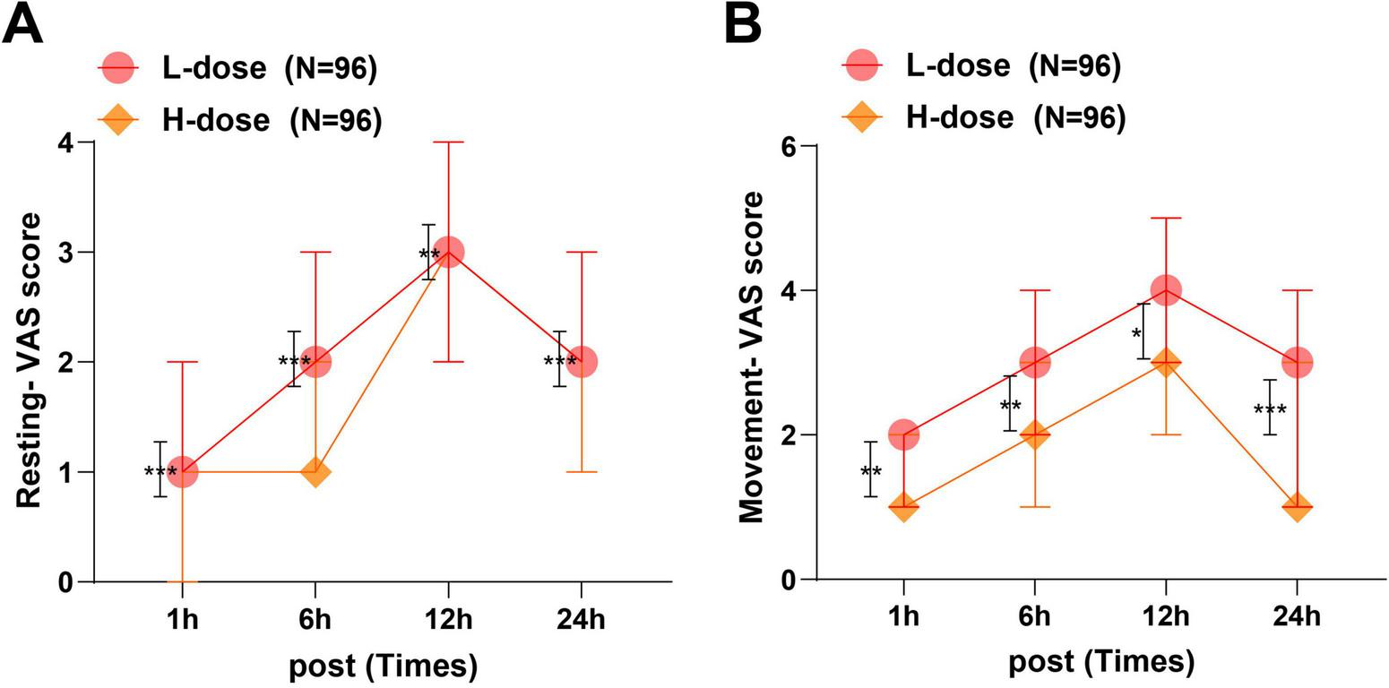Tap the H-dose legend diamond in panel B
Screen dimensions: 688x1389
pos(862,116)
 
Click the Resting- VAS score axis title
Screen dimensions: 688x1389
pos(30,361)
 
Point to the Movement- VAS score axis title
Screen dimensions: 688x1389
pos(751,357)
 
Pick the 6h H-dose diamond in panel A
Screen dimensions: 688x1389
pos(315,472)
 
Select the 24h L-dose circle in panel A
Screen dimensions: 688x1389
pos(581,362)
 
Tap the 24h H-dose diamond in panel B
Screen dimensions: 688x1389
pos(1297,507)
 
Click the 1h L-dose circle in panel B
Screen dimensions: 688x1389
pos(903,434)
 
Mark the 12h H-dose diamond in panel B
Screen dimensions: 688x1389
pos(1165,362)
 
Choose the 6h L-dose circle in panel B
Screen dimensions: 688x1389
pos(1034,362)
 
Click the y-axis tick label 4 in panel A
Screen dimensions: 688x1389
pos(74,142)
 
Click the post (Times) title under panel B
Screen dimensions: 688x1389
pos(1101,663)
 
